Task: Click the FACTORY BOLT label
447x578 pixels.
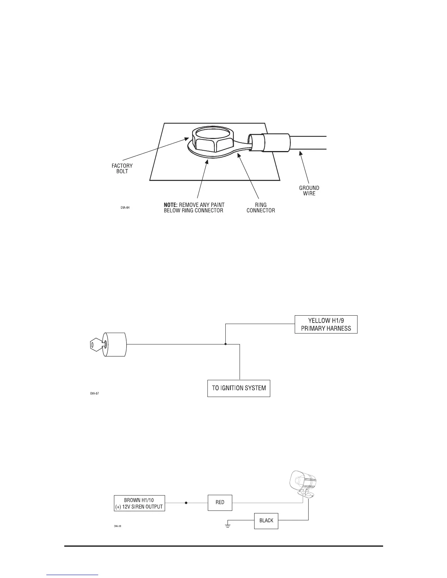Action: coord(122,168)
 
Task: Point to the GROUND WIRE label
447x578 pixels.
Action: coord(309,190)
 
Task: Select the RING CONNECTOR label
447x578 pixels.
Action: coord(260,208)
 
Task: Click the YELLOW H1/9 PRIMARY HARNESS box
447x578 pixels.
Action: coord(326,324)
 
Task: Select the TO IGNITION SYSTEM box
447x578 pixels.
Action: coord(239,388)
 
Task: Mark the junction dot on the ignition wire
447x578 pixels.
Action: coord(226,344)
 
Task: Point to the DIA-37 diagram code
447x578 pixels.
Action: coord(95,393)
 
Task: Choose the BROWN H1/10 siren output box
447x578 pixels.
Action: coord(139,503)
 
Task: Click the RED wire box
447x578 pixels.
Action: coord(220,502)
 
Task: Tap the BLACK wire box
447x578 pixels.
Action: coord(266,520)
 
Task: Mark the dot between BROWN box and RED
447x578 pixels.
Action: coord(186,503)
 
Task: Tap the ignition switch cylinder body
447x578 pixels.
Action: coord(115,344)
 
